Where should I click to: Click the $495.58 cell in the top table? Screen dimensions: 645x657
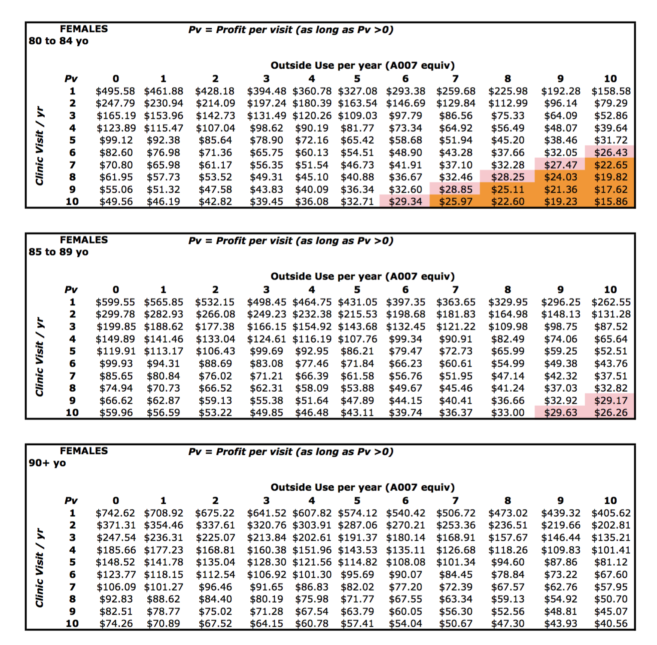pyautogui.click(x=115, y=91)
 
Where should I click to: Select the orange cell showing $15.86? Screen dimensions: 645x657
pyautogui.click(x=611, y=202)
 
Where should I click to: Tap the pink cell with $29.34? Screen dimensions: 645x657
pyautogui.click(x=405, y=202)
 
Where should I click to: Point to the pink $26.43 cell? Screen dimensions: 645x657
pyautogui.click(x=611, y=152)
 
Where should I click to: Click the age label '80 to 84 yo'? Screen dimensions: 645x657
pyautogui.click(x=58, y=41)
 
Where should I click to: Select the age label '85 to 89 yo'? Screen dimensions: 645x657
pyautogui.click(x=58, y=252)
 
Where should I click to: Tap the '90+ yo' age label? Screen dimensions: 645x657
pyautogui.click(x=47, y=463)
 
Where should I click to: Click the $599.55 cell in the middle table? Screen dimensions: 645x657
pyautogui.click(x=115, y=302)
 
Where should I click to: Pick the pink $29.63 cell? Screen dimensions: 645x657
pyautogui.click(x=560, y=413)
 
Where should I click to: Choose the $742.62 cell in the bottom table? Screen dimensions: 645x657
pyautogui.click(x=115, y=513)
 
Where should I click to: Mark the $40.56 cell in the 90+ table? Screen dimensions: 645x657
pyautogui.click(x=611, y=624)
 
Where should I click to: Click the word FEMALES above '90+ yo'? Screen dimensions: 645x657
pyautogui.click(x=84, y=451)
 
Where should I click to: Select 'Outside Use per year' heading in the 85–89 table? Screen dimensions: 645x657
pyautogui.click(x=362, y=276)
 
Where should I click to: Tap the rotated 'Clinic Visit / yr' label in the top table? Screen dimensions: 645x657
pyautogui.click(x=40, y=146)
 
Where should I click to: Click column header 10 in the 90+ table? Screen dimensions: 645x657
pyautogui.click(x=610, y=501)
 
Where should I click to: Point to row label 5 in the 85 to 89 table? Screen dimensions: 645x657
pyautogui.click(x=72, y=351)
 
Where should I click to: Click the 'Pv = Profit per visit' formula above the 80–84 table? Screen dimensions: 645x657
pyautogui.click(x=291, y=30)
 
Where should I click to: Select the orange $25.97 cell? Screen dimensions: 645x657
pyautogui.click(x=455, y=202)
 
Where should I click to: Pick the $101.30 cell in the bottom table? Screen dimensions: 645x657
pyautogui.click(x=311, y=575)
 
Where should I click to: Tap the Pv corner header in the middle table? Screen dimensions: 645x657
pyautogui.click(x=71, y=290)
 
